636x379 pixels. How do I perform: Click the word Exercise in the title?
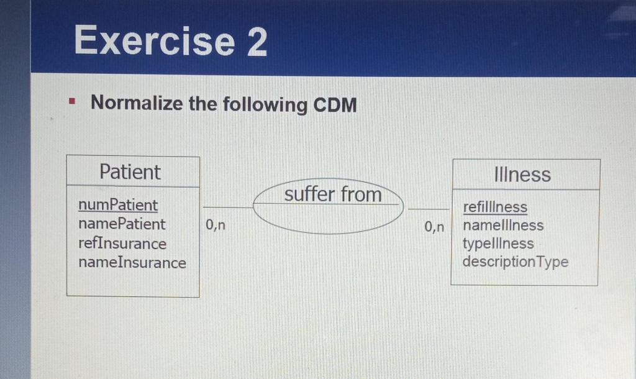[154, 41]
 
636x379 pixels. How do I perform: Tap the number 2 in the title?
[257, 41]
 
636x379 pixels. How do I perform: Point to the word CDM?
[335, 105]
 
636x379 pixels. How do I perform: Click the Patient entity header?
[130, 172]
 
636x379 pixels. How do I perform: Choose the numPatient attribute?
[118, 205]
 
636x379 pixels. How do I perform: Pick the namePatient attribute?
[122, 224]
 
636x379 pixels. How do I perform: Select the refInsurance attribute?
[122, 244]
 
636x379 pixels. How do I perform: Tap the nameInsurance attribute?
[132, 263]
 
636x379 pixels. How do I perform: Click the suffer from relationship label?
[333, 194]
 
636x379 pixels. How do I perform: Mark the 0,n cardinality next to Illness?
[435, 227]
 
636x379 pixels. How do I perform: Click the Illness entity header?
[522, 175]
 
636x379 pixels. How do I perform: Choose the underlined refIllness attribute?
[495, 207]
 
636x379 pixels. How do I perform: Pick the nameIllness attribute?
[503, 226]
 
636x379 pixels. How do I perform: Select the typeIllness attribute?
[498, 244]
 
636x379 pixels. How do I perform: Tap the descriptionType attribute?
[515, 262]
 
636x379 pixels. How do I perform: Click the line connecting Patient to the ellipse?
[227, 207]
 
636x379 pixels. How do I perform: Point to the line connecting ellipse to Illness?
[428, 209]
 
